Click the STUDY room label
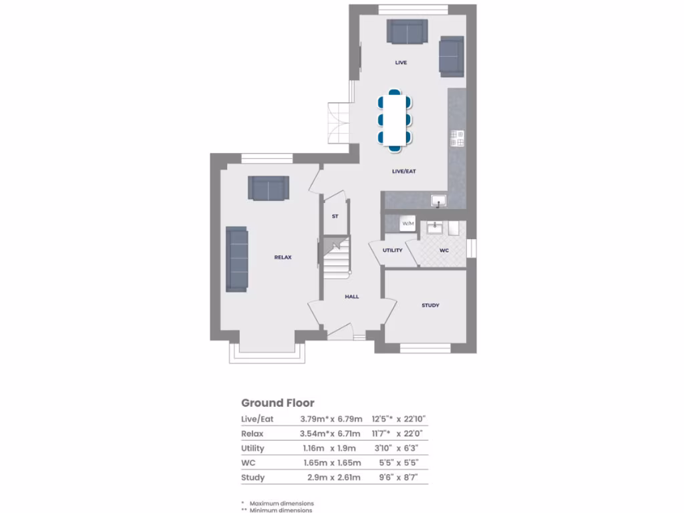click(x=430, y=305)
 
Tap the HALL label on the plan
click(x=352, y=296)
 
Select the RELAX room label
click(x=283, y=257)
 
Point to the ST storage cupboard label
click(x=335, y=216)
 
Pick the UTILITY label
click(x=392, y=250)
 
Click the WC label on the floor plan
click(x=444, y=250)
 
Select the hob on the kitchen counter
click(x=458, y=138)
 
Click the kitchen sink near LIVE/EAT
click(x=439, y=199)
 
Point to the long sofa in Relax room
click(x=236, y=259)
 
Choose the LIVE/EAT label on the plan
click(x=404, y=172)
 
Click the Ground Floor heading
click(x=277, y=403)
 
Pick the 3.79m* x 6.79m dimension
click(x=331, y=419)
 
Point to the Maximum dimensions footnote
click(x=281, y=503)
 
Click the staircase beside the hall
click(x=337, y=261)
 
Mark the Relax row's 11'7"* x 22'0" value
click(x=401, y=434)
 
